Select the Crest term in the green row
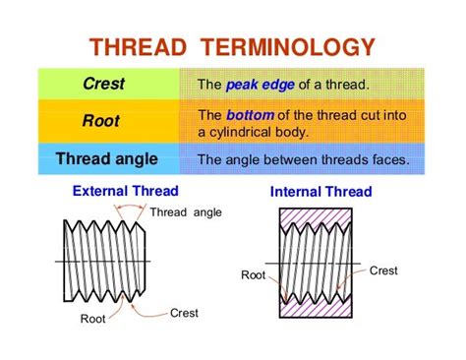coord(102,85)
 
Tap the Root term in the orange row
coord(102,122)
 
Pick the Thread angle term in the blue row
coord(103,158)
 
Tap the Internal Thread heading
coord(320,192)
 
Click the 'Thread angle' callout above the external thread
coord(187,212)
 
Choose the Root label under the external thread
coord(93,319)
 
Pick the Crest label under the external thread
coord(184,313)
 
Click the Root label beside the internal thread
coord(253,275)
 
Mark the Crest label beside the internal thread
coord(383,270)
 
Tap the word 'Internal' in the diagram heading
coord(297,192)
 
